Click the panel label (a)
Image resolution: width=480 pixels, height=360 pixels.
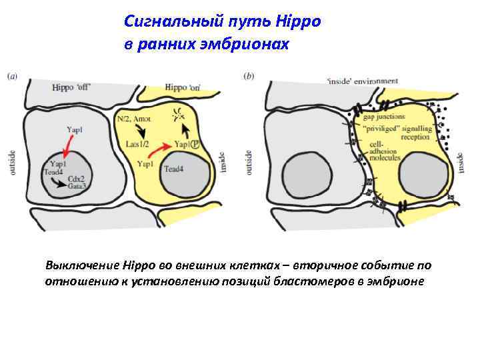pos(12,76)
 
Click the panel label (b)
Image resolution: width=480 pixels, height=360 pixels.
pos(250,76)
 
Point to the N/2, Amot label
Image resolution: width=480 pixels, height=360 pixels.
pos(133,119)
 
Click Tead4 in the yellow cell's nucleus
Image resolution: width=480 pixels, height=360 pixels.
pos(173,168)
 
